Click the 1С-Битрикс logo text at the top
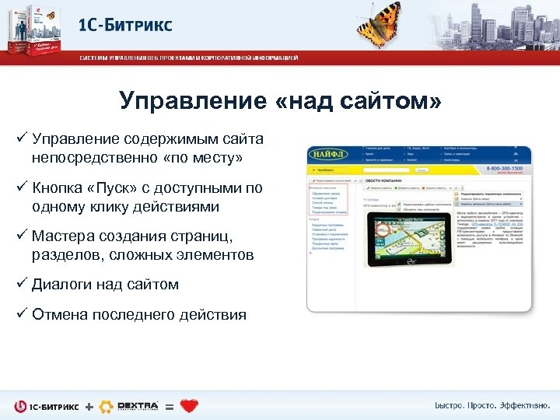point(125,25)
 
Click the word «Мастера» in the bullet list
point(63,236)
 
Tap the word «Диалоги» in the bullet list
point(62,285)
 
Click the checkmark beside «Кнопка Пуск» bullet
point(21,187)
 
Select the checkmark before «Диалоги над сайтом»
point(21,285)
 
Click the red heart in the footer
point(189,405)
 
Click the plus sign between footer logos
point(88,406)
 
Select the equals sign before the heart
point(169,406)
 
